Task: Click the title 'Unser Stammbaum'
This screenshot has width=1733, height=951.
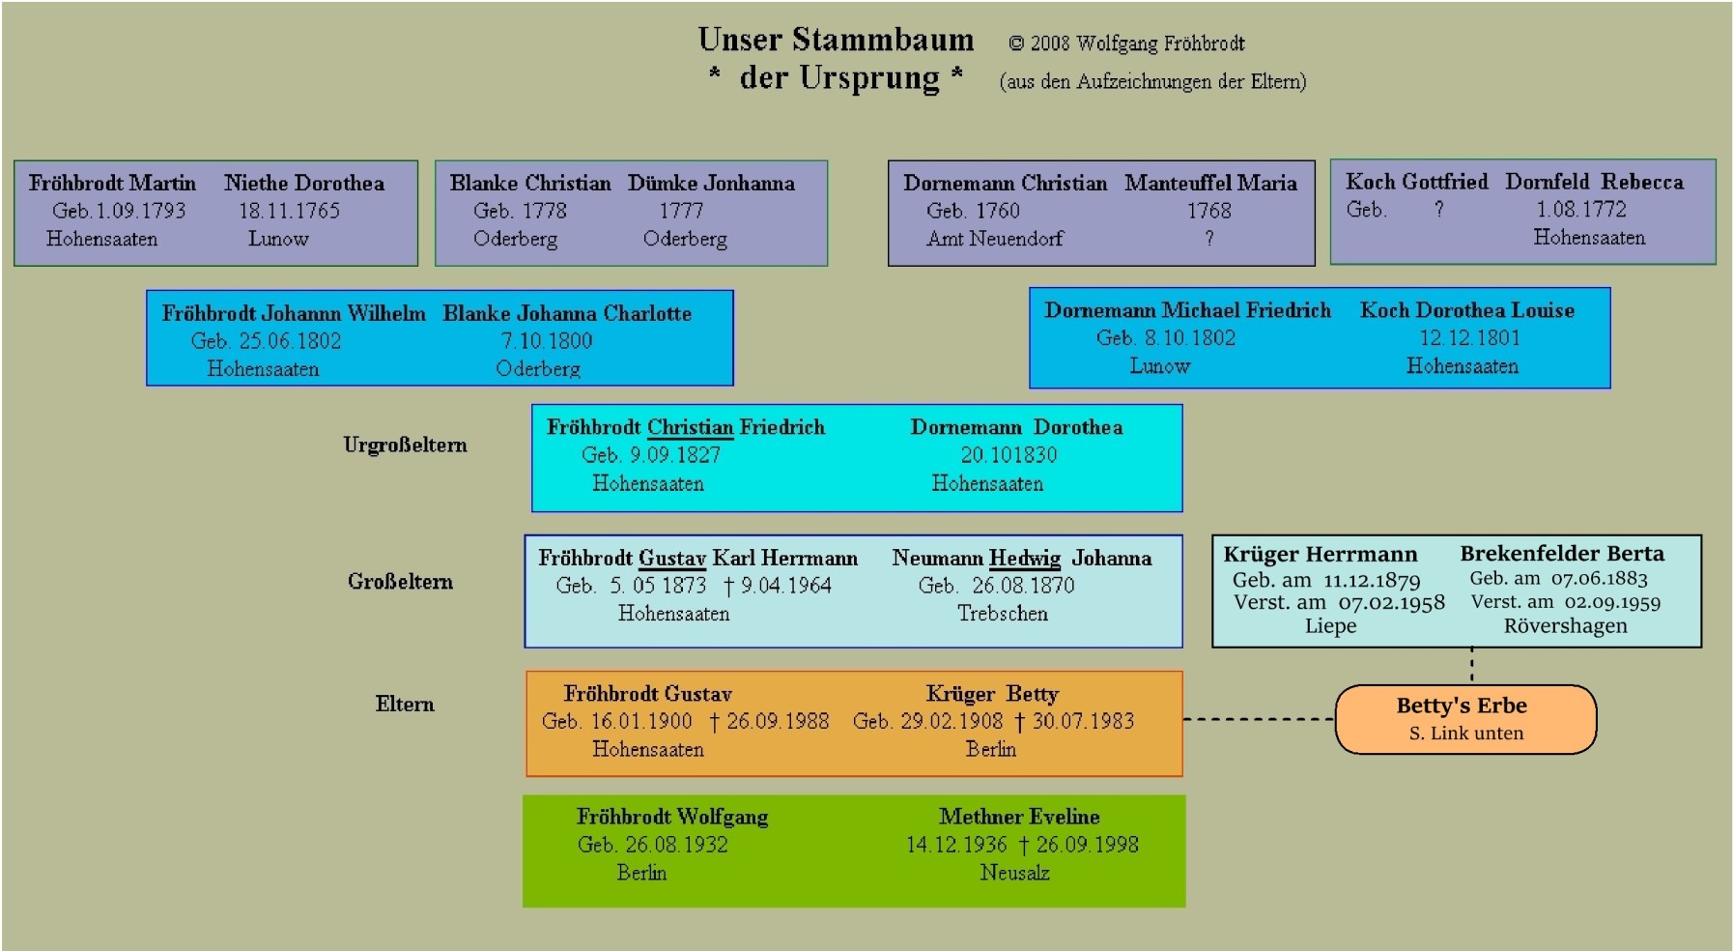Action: [x=836, y=40]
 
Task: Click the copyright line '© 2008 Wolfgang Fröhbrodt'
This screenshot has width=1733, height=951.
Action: [x=1126, y=43]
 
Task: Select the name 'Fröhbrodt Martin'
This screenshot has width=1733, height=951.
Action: [x=112, y=183]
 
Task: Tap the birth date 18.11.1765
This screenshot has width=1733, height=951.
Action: [x=290, y=211]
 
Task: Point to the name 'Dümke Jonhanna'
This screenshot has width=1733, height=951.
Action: [x=711, y=183]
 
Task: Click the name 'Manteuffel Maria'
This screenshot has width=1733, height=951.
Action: [x=1210, y=183]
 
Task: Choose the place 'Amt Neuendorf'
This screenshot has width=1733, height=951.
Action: [x=994, y=239]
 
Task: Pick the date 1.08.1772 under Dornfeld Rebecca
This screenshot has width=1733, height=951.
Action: [x=1581, y=209]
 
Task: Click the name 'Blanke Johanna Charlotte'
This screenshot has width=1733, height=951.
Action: [x=567, y=313]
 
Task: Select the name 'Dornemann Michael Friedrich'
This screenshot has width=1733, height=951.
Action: [x=1187, y=310]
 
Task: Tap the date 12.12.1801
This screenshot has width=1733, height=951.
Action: [x=1469, y=338]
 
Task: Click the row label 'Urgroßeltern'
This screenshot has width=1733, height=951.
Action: [x=405, y=445]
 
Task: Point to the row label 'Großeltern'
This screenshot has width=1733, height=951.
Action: [x=400, y=581]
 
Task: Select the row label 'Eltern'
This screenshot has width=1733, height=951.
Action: [x=405, y=704]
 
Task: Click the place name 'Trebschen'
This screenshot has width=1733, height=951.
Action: [x=1002, y=614]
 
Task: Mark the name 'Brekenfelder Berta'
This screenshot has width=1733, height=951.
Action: [x=1562, y=554]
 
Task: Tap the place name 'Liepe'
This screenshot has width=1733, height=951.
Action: [x=1330, y=626]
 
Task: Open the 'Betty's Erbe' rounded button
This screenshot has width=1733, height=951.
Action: [x=1465, y=718]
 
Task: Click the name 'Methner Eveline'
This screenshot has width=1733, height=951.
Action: [x=1019, y=817]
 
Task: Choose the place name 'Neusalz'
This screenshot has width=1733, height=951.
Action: [x=1014, y=873]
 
